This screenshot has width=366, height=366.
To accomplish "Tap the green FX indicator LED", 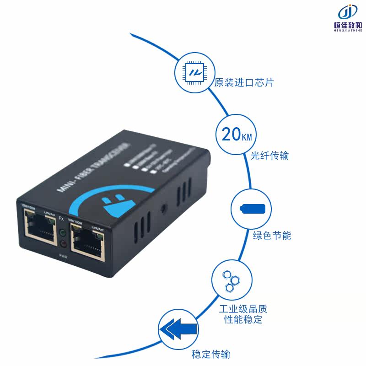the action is [63, 232].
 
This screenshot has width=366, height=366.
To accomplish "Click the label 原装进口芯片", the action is [244, 83].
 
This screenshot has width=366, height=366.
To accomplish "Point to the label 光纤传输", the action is [269, 156].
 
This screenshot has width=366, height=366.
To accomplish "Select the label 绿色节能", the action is [272, 236].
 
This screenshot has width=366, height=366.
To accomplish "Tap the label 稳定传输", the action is [210, 354].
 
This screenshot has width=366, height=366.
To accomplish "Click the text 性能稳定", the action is [243, 319].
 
